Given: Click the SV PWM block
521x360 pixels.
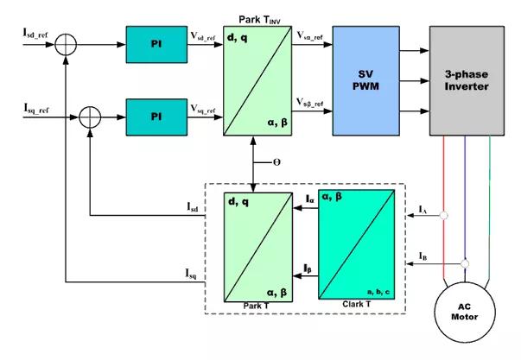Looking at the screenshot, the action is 365,80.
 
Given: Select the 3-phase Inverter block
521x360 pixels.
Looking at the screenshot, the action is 467,80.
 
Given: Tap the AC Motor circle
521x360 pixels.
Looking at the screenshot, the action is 465,313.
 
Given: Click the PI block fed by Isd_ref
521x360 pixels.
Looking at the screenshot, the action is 156,45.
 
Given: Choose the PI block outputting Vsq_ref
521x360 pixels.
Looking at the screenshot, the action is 156,117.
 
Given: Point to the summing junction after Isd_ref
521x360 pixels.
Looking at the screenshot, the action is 66,45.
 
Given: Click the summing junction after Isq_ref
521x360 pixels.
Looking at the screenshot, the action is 90,117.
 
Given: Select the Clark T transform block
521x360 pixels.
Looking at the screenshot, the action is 357,244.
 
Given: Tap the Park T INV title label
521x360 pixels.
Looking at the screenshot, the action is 259,20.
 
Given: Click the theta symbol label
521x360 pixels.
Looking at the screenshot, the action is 276,162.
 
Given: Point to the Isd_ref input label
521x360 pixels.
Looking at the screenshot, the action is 35,33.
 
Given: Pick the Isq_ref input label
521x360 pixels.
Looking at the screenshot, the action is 36,109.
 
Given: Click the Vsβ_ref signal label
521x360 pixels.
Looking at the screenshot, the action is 309,103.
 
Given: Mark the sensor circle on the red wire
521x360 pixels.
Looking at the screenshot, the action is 443,216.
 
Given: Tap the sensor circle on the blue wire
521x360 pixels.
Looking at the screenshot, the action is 465,263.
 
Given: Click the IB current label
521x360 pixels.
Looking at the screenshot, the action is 423,256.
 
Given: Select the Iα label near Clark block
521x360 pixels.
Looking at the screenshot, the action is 309,199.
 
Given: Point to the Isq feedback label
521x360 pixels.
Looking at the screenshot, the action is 191,274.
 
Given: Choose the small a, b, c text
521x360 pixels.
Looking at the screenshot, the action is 378,293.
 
